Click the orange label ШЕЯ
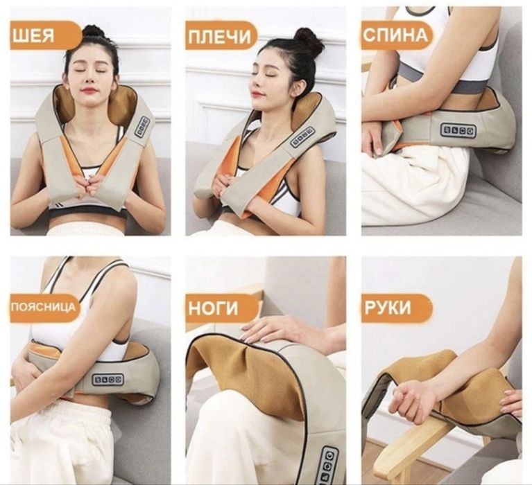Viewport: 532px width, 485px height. (44, 35)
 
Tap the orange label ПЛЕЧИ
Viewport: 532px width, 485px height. (221, 35)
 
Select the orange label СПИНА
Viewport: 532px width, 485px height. (397, 35)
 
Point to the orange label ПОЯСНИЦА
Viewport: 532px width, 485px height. (44, 308)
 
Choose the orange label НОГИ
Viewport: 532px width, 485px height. (221, 308)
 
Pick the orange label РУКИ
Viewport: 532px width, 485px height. (396, 308)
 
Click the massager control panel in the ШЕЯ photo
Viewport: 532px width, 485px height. (142, 127)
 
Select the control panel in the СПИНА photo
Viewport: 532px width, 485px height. (458, 130)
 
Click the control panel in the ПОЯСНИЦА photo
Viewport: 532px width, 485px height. (108, 380)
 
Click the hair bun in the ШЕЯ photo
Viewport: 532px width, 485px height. (94, 31)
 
